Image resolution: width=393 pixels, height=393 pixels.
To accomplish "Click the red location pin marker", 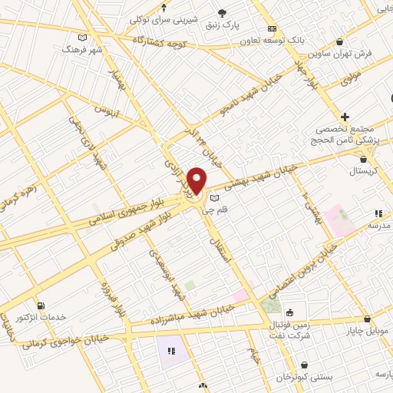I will pyautogui.click(x=197, y=180).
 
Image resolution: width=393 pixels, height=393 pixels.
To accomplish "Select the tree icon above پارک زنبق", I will pyautogui.click(x=223, y=13).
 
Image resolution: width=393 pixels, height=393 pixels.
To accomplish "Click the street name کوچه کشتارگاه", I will pyautogui.click(x=160, y=38).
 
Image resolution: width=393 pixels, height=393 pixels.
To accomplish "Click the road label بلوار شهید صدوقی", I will pyautogui.click(x=144, y=226).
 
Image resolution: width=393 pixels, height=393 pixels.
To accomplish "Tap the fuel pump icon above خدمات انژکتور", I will pyautogui.click(x=40, y=305).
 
